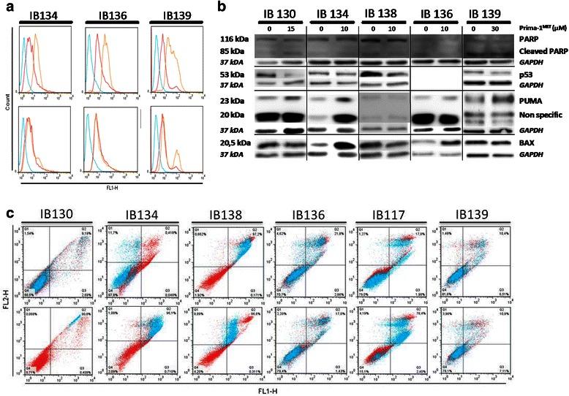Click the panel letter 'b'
(x=192, y=7)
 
